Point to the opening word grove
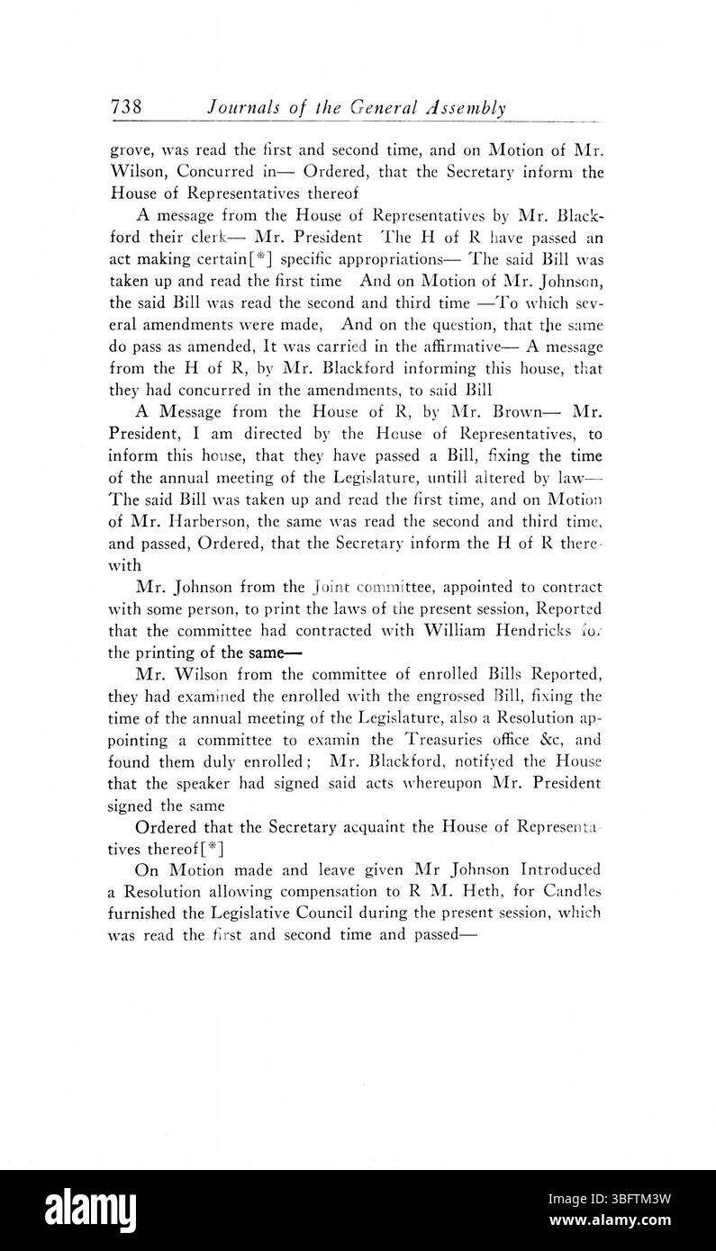point(130,152)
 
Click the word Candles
point(564,891)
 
